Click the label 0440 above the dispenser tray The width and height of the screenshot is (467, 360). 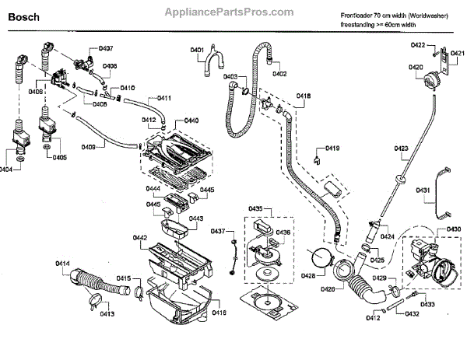pos(190,121)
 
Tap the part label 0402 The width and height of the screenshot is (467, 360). pos(279,74)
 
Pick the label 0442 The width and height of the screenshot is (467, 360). pos(140,236)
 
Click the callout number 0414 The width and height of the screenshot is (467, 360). pos(63,263)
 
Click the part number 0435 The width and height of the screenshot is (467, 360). pos(256,208)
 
